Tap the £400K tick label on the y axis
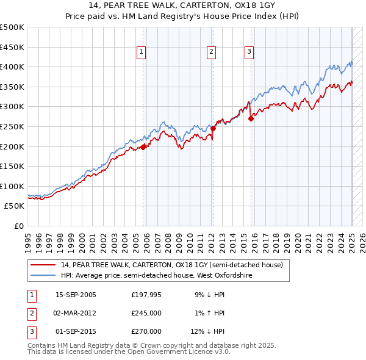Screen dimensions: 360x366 pyautogui.click(x=12, y=67)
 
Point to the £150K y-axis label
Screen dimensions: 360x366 pyautogui.click(x=12, y=166)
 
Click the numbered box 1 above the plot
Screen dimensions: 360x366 pyautogui.click(x=141, y=52)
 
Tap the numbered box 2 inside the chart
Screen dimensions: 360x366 pyautogui.click(x=211, y=52)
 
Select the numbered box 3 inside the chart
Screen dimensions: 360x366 pyautogui.click(x=249, y=52)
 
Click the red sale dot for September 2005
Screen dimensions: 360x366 pyautogui.click(x=143, y=147)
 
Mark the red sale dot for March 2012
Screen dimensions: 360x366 pyautogui.click(x=213, y=128)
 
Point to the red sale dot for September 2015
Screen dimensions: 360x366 pyautogui.click(x=251, y=118)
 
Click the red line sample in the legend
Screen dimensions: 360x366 pyautogui.click(x=43, y=265)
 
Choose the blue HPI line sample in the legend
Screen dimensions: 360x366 pyautogui.click(x=43, y=276)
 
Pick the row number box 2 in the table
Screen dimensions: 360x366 pyautogui.click(x=31, y=313)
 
